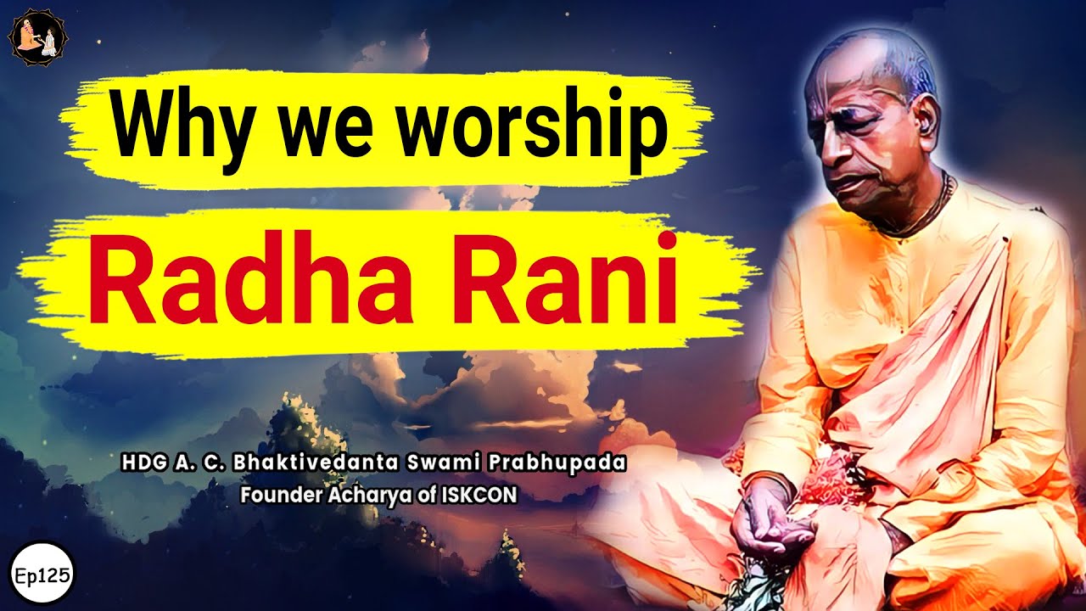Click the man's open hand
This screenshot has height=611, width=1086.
[x=769, y=535]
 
